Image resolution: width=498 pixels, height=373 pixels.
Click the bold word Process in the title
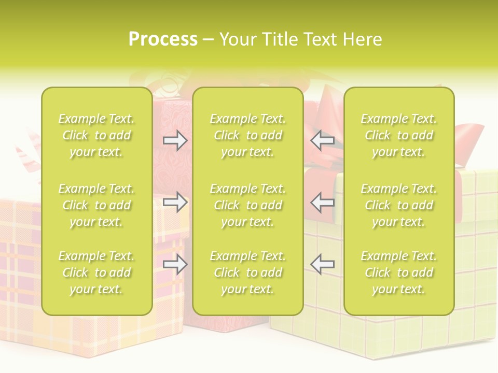pyautogui.click(x=163, y=39)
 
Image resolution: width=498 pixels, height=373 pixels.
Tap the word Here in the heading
pyautogui.click(x=362, y=39)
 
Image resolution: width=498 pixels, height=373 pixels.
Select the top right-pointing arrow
pyautogui.click(x=175, y=140)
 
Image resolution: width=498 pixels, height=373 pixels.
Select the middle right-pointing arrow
pyautogui.click(x=175, y=202)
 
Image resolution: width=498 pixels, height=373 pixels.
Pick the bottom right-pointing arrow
pyautogui.click(x=175, y=264)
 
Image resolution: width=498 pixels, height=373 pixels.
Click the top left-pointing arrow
pyautogui.click(x=323, y=140)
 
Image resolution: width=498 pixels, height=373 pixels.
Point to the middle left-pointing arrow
pyautogui.click(x=323, y=202)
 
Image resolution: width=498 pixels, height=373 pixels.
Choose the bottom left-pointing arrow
pyautogui.click(x=323, y=264)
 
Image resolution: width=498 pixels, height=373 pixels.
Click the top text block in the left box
pyautogui.click(x=96, y=135)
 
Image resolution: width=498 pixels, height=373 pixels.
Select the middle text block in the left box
pyautogui.click(x=96, y=205)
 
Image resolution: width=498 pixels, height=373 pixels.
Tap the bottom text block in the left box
pyautogui.click(x=96, y=272)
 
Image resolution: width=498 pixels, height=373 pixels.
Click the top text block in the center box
pyautogui.click(x=248, y=135)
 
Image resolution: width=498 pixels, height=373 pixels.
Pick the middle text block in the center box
pyautogui.click(x=248, y=205)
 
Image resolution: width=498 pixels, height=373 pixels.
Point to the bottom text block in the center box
pyautogui.click(x=248, y=272)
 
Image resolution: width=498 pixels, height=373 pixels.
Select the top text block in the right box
pyautogui.click(x=399, y=135)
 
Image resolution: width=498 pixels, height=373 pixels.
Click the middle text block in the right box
pyautogui.click(x=399, y=205)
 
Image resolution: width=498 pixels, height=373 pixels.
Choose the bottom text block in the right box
pyautogui.click(x=399, y=272)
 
